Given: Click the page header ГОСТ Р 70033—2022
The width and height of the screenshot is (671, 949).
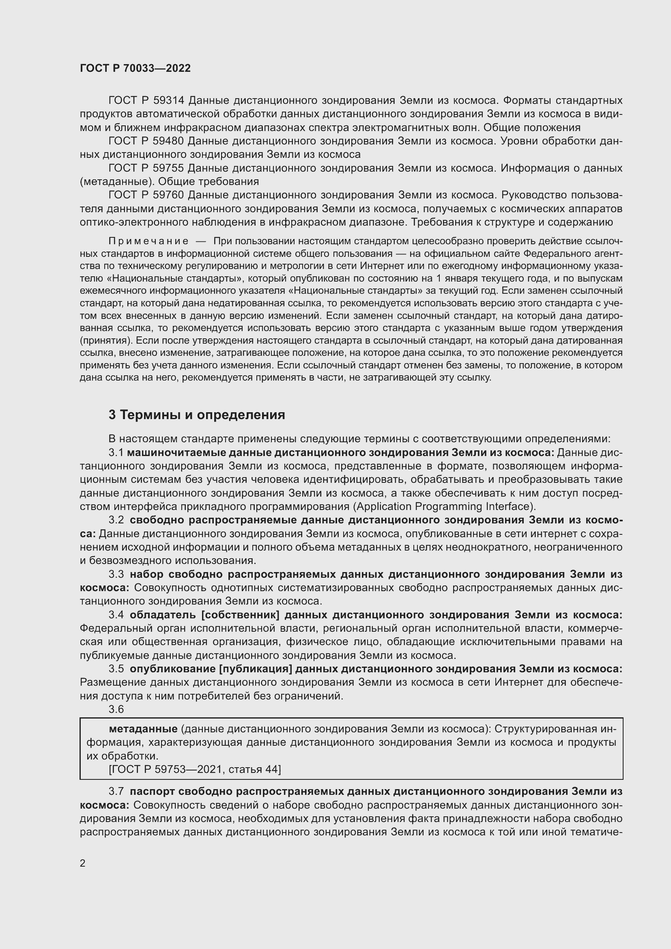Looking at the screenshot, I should (x=135, y=69).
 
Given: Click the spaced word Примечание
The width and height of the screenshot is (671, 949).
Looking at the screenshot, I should (x=148, y=241).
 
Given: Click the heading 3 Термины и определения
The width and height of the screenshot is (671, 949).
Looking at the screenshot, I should (x=197, y=415).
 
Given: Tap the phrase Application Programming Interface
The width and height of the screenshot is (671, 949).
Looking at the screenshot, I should (x=443, y=507).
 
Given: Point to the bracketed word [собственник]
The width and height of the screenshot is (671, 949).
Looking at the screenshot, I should (x=240, y=615).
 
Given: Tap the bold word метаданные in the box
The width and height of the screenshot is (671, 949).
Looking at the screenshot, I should (x=143, y=729).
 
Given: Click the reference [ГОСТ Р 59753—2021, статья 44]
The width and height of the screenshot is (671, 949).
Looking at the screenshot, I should (x=195, y=769).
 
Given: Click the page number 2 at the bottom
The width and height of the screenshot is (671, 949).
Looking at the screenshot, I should (x=83, y=863).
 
